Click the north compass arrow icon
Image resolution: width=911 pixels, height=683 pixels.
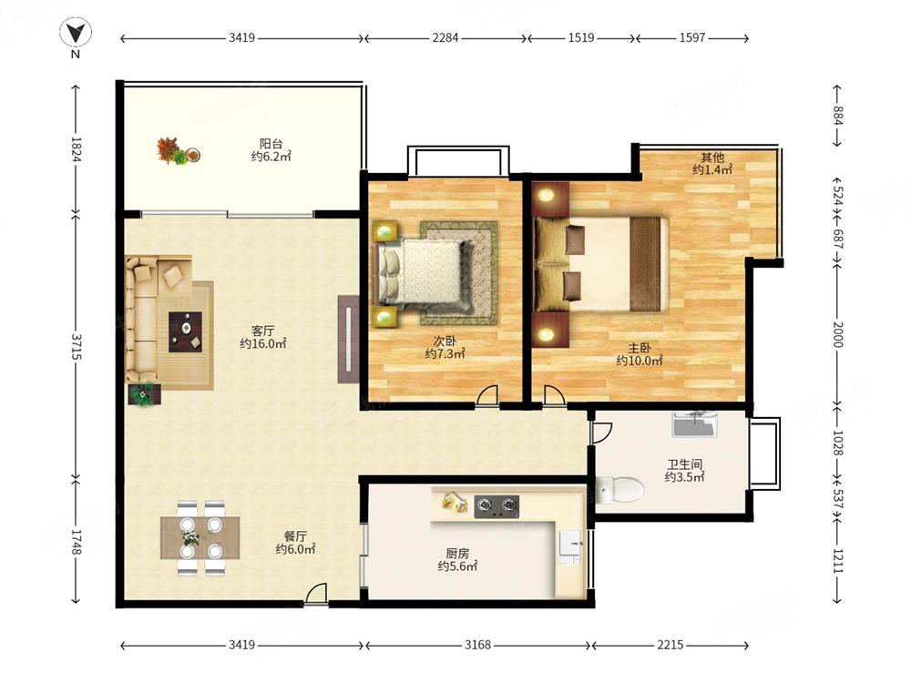[76, 33]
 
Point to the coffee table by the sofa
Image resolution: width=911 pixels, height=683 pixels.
[185, 331]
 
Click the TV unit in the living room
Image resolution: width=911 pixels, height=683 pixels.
[348, 339]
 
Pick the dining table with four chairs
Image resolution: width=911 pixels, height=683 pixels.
[200, 538]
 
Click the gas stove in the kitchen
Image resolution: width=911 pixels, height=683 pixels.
[496, 506]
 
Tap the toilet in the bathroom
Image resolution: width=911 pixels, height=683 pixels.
[619, 489]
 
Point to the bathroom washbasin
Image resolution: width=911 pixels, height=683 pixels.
[695, 424]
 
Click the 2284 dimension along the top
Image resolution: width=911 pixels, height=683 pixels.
[445, 37]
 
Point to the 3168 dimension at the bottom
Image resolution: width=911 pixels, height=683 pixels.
[477, 645]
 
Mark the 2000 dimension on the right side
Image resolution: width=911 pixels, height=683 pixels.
[838, 334]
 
